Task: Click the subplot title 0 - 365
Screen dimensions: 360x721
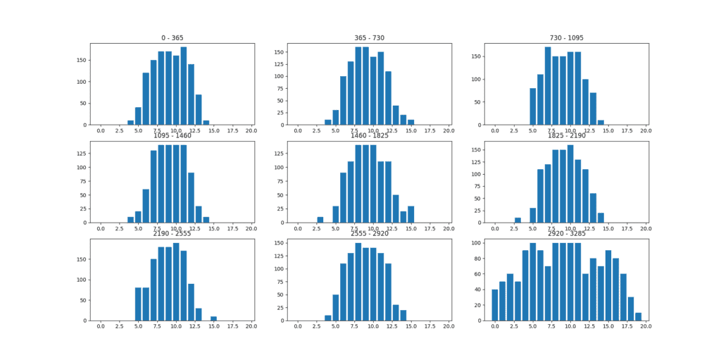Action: [x=172, y=37]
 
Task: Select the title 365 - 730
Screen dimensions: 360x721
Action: [x=369, y=37]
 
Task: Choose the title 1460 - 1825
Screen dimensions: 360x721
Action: [x=369, y=135]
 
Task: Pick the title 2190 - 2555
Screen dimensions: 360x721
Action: [x=172, y=233]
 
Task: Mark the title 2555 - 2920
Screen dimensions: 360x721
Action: [x=369, y=233]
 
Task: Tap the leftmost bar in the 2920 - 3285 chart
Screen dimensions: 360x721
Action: [x=495, y=305]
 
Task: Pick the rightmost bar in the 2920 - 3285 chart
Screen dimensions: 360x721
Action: [x=638, y=316]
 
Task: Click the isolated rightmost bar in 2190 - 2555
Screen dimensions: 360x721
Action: [x=213, y=318]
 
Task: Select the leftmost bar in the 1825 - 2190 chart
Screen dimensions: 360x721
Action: [x=518, y=220]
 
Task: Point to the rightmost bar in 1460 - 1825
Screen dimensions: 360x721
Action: [x=411, y=216]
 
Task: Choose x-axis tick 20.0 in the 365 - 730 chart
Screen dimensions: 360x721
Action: [x=449, y=131]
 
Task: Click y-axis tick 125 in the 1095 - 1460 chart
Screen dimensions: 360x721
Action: [x=84, y=153]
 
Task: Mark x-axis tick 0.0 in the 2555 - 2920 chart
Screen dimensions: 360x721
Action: [x=299, y=327]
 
